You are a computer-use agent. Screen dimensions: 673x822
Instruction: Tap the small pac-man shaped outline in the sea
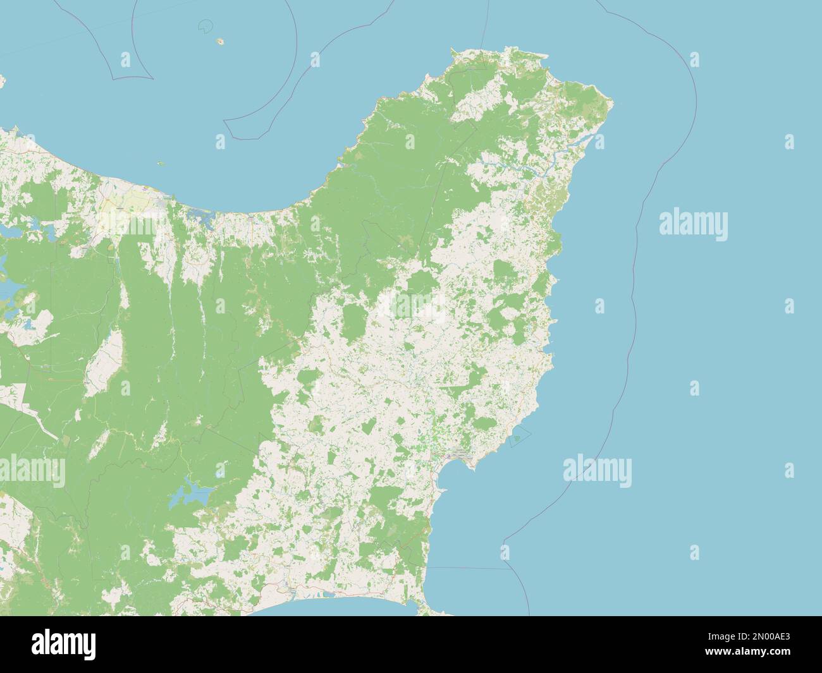coord(205,26)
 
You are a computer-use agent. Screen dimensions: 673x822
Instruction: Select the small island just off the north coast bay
coord(161,163)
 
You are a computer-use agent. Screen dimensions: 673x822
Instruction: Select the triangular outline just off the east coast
coord(518,436)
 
